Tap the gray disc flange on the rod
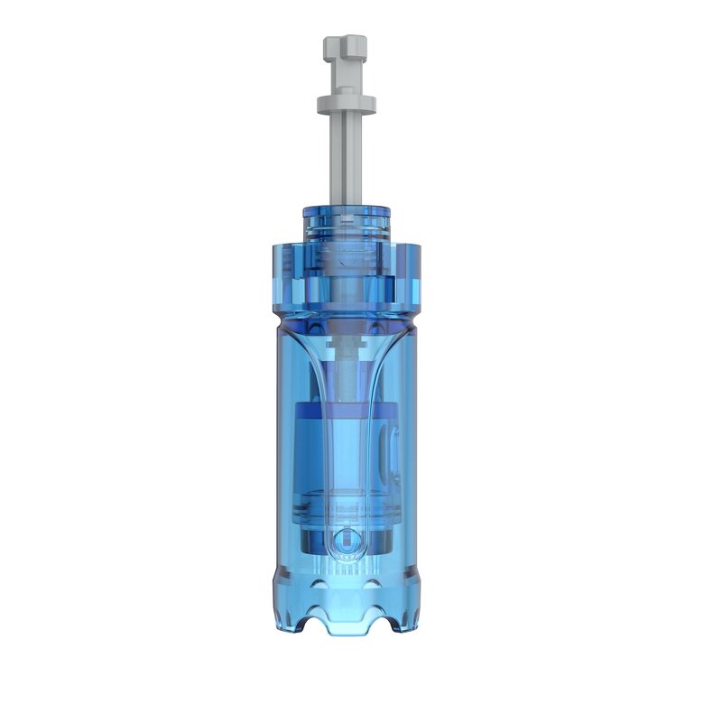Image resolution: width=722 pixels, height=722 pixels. point(346,104)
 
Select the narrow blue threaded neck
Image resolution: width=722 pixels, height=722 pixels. point(346,222)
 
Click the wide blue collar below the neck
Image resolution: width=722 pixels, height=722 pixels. point(346,271)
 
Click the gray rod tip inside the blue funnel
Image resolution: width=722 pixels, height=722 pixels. point(346,347)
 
